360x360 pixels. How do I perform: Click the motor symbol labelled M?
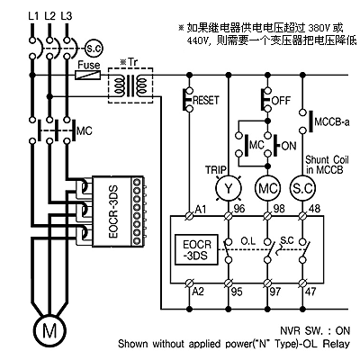click(49, 330)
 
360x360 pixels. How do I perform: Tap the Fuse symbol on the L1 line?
click(87, 75)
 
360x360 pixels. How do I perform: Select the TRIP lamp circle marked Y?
click(229, 188)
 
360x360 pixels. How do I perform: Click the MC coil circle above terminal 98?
click(267, 188)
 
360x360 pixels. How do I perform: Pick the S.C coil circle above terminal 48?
click(302, 188)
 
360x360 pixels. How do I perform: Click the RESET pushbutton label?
click(206, 100)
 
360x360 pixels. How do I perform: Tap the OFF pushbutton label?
click(282, 100)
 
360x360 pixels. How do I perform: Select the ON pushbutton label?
click(289, 146)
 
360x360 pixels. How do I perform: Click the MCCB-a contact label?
click(332, 122)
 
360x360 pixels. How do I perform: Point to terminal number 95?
click(237, 292)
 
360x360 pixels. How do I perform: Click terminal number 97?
click(275, 292)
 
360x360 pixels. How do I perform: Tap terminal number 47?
click(310, 292)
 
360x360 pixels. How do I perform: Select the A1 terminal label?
click(201, 209)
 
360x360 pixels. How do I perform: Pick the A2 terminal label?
click(198, 292)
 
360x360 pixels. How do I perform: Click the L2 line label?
click(50, 15)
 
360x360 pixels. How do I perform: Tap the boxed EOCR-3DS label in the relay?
click(197, 250)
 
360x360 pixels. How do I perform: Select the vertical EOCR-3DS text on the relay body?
click(113, 211)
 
